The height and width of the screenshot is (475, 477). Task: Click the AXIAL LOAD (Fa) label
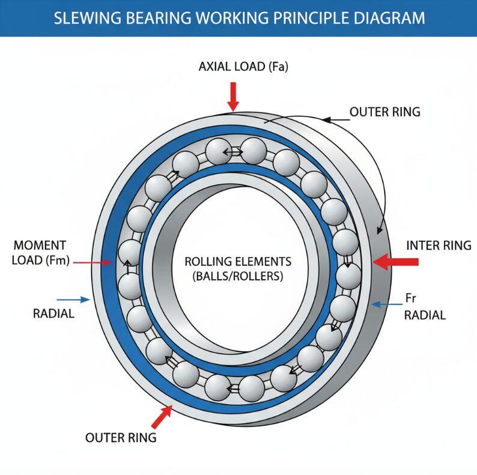click(243, 67)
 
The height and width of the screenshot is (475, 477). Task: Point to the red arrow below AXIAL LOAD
click(233, 96)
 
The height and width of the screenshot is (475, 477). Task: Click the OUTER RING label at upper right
click(384, 112)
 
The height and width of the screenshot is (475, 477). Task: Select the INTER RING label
click(439, 246)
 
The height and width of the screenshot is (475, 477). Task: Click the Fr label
click(411, 298)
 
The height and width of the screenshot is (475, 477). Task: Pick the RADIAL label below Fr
click(425, 315)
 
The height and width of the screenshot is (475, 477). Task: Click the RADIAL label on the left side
click(53, 313)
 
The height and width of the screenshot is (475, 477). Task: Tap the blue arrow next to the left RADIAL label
click(73, 298)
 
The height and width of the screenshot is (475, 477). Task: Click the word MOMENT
click(40, 246)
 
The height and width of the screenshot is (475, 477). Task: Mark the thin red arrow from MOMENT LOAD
click(94, 262)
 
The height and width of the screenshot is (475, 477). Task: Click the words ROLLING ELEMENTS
click(238, 262)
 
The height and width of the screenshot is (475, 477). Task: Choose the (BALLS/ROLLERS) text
click(238, 277)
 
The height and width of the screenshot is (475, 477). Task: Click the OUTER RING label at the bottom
click(121, 437)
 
